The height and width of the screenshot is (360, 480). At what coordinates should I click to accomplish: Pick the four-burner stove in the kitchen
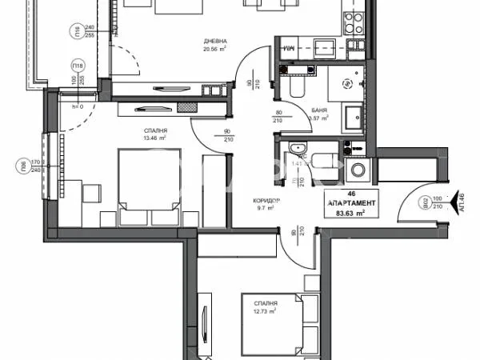click(x=350, y=17)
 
